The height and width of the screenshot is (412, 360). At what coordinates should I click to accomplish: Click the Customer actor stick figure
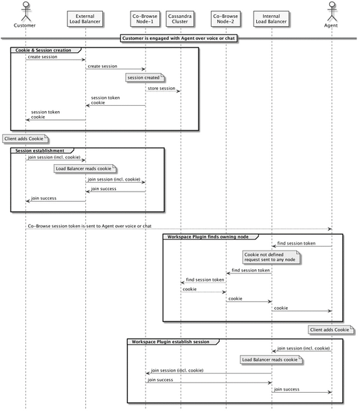(x=26, y=12)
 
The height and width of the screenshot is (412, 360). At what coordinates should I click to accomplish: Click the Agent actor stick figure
(x=332, y=12)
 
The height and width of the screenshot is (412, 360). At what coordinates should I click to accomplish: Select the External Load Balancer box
(x=85, y=19)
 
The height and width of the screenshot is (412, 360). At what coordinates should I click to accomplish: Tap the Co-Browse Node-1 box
(x=145, y=19)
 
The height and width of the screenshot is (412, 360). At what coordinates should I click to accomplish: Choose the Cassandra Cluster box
(x=180, y=19)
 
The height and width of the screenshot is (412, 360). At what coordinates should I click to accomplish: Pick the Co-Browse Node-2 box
(x=225, y=19)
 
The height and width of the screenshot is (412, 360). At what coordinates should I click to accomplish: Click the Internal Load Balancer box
(x=271, y=19)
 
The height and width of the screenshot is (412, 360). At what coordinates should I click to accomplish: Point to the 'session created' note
(x=145, y=78)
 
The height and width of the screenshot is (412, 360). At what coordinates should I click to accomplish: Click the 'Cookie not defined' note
(x=271, y=257)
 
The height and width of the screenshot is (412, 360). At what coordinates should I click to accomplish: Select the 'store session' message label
(x=161, y=89)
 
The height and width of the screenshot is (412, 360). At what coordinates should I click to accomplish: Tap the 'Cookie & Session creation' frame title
(x=43, y=50)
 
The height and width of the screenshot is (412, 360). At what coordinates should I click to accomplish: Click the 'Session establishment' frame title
(x=40, y=150)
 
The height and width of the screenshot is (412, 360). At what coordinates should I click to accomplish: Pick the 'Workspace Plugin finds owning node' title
(x=207, y=237)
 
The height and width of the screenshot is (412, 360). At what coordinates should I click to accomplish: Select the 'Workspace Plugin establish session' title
(x=170, y=342)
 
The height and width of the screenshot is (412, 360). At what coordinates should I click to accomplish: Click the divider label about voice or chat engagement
(x=179, y=38)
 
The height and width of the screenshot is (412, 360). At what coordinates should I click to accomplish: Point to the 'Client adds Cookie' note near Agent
(x=331, y=330)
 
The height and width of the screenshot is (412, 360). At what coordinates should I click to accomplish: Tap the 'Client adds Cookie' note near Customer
(x=25, y=139)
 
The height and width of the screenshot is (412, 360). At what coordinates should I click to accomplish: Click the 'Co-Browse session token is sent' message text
(x=90, y=226)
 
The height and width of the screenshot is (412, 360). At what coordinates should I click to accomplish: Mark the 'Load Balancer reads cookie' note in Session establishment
(x=85, y=169)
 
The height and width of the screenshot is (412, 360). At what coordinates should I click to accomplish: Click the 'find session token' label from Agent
(x=296, y=244)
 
